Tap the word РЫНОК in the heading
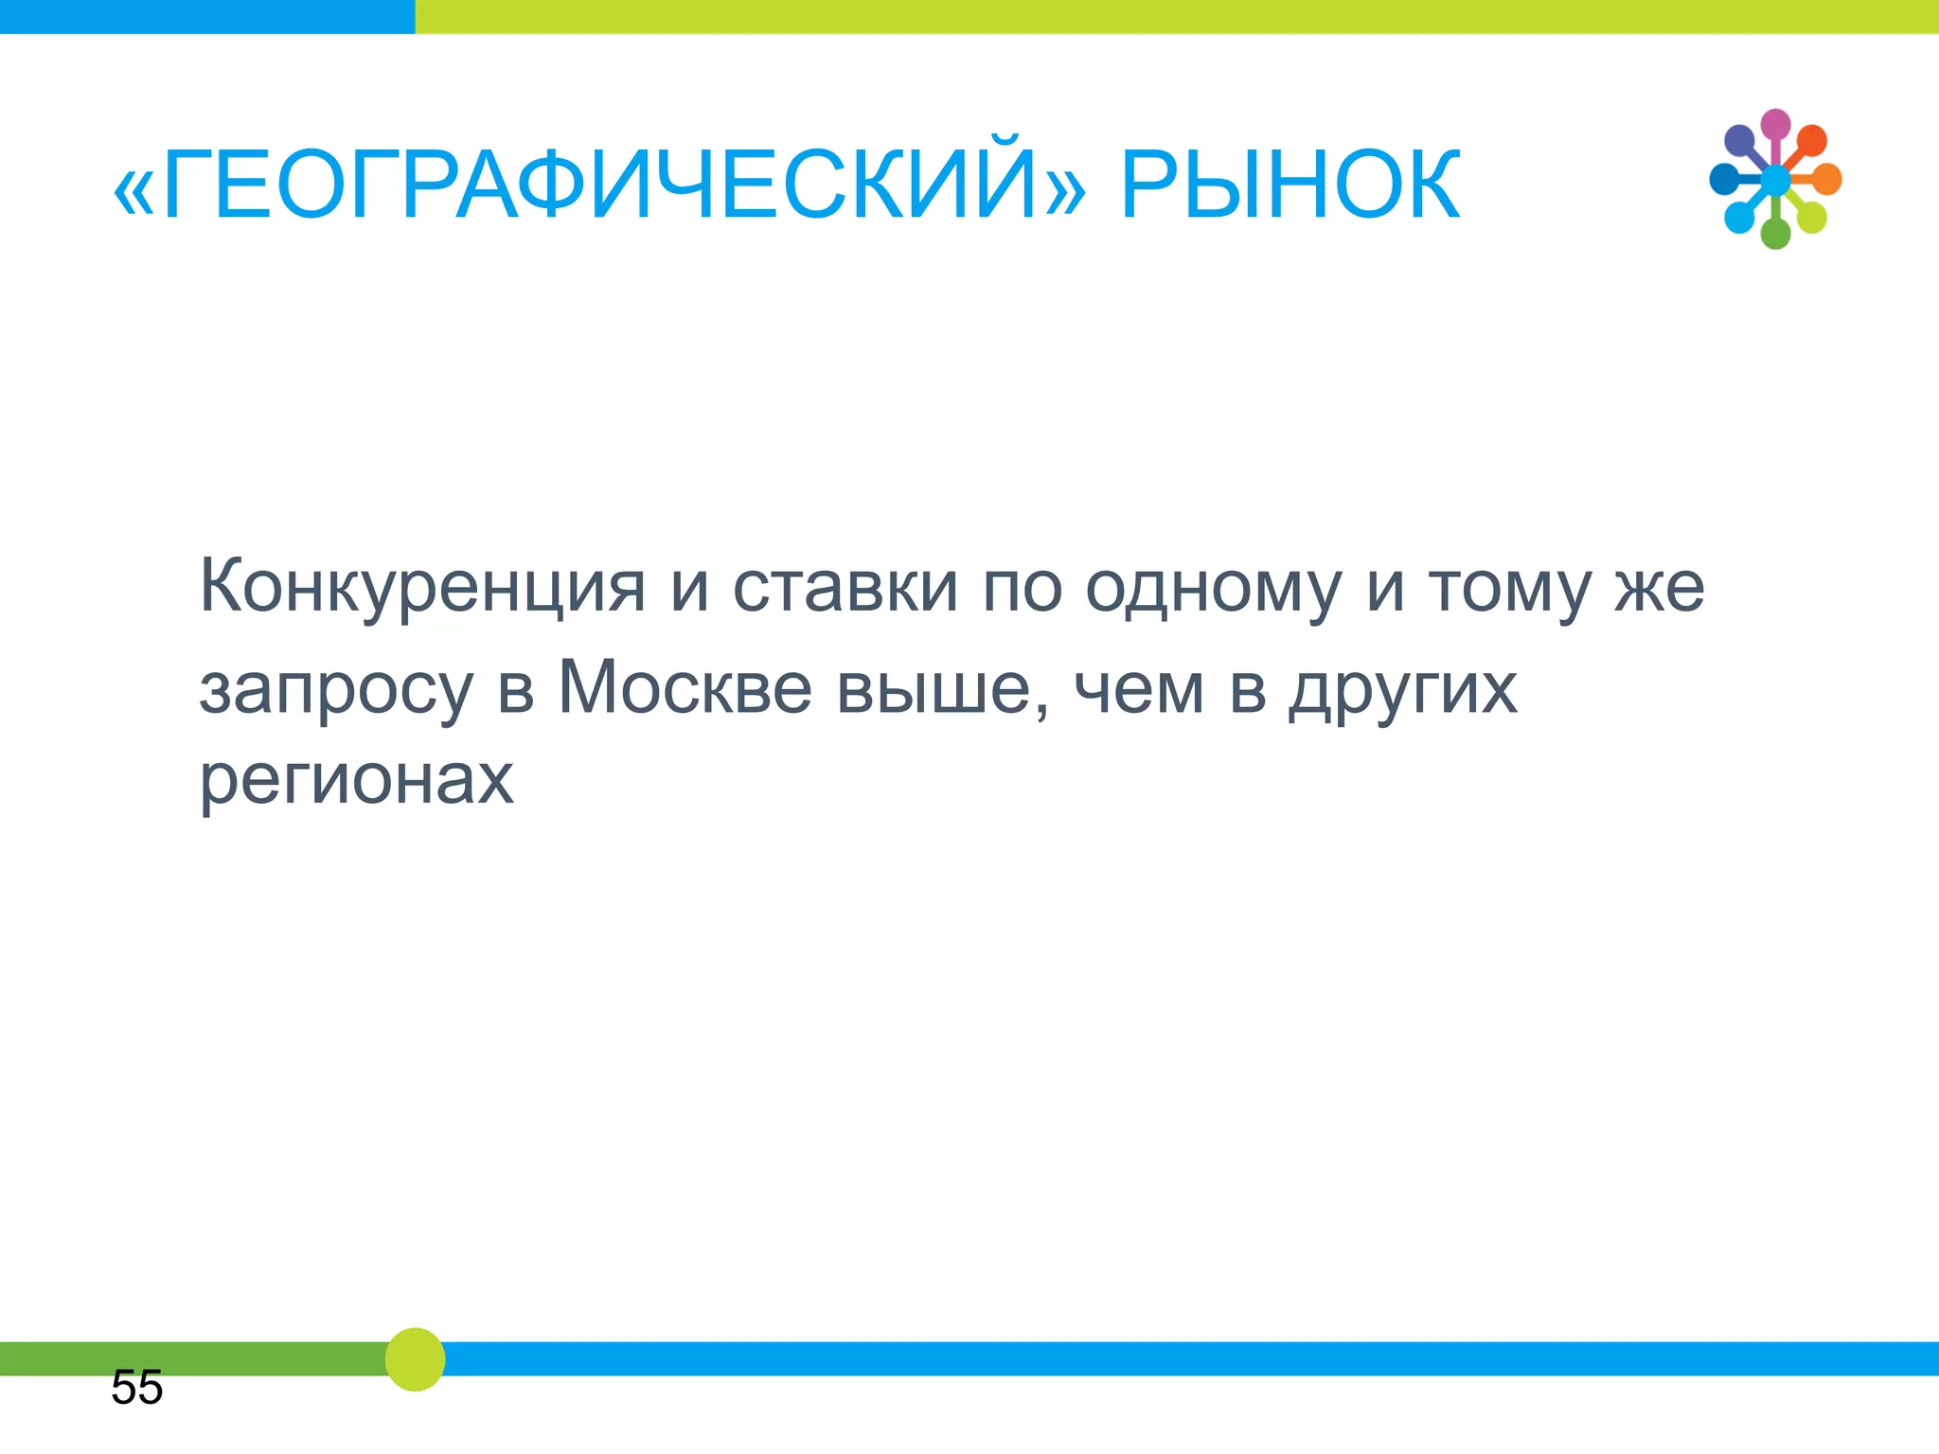[1290, 186]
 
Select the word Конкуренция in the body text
[422, 588]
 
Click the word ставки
[845, 588]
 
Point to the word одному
[1213, 588]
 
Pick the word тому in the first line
[1509, 588]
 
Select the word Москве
[685, 688]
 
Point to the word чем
[1139, 688]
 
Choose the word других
[1402, 690]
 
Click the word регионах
[356, 781]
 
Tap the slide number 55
[137, 1388]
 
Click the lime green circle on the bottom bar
[415, 1359]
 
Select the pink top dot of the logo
[1775, 124]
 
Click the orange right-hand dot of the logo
[1826, 179]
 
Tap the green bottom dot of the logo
[1775, 233]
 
